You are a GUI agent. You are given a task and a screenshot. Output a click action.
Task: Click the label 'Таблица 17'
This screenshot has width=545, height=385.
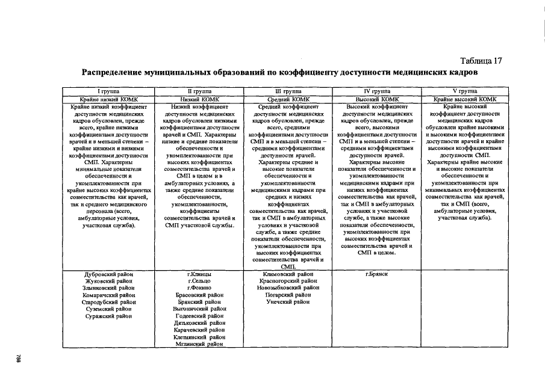[481, 61]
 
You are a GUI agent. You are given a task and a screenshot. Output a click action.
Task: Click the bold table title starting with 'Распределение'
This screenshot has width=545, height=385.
[279, 72]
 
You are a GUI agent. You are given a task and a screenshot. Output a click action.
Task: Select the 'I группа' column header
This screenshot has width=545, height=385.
[109, 91]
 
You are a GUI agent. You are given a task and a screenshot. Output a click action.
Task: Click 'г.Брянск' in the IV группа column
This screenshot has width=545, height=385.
[376, 274]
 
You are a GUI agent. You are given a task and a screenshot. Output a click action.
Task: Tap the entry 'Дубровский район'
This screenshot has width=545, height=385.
[109, 274]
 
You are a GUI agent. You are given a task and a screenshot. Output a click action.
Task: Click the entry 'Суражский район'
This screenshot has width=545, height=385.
[109, 316]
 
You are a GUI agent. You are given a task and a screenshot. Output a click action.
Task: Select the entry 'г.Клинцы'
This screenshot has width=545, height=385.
[199, 274]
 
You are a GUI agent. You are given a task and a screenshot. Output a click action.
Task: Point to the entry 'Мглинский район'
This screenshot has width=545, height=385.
[199, 345]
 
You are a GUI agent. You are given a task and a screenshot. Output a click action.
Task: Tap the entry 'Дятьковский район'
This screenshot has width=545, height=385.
[199, 324]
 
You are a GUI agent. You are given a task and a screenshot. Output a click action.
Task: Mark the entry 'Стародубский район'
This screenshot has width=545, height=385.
[109, 303]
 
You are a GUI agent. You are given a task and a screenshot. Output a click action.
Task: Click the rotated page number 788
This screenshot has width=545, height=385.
[19, 357]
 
